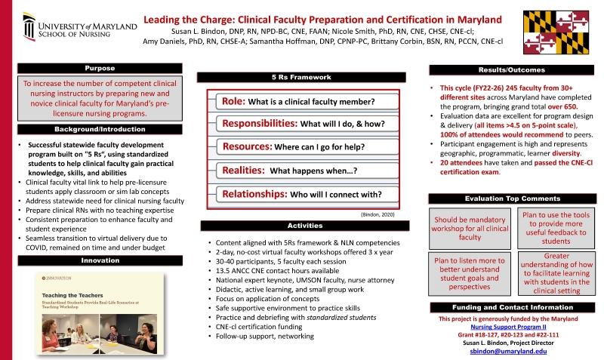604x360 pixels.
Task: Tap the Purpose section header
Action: tap(100, 68)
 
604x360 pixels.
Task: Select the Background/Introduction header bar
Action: tap(100, 130)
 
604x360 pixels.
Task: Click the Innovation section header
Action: tap(100, 260)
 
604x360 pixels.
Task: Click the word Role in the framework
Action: tap(231, 102)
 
